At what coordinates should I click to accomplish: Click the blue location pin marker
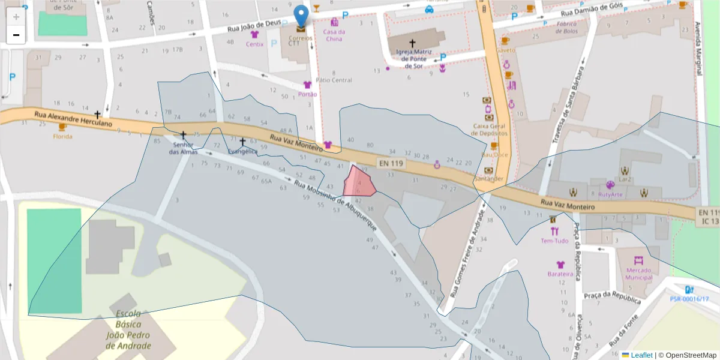[x=301, y=16]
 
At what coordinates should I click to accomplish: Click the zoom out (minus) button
[x=16, y=35]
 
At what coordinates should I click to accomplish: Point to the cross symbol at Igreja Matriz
[x=412, y=43]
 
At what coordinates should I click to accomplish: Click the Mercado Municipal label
[x=638, y=274]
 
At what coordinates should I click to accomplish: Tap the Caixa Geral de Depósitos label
[x=491, y=130]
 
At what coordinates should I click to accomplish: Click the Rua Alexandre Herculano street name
[x=73, y=119]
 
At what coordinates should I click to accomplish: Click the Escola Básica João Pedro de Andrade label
[x=128, y=329]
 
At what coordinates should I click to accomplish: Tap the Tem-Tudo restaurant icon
[x=554, y=230]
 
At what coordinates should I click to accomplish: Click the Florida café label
[x=62, y=136]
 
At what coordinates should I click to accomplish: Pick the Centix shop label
[x=254, y=44]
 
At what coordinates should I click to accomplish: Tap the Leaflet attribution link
[x=641, y=355]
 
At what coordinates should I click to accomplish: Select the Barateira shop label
[x=560, y=274]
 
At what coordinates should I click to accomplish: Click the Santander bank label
[x=489, y=179]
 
